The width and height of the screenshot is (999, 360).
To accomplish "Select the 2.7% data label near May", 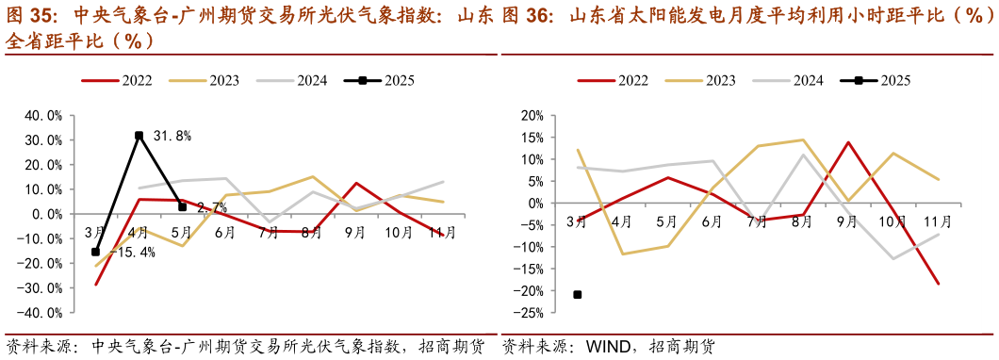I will (x=212, y=206).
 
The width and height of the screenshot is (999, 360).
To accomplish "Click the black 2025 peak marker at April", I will (x=139, y=136).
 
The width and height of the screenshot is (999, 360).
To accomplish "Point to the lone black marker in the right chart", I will (x=578, y=295).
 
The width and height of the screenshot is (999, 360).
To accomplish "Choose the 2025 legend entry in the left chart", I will (x=380, y=80).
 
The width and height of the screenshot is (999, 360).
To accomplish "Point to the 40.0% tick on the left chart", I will (x=42, y=116).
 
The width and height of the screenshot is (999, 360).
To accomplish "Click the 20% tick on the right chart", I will (x=532, y=116).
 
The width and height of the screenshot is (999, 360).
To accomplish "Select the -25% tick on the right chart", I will (x=530, y=312).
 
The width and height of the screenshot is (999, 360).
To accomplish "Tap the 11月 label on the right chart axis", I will (x=936, y=222).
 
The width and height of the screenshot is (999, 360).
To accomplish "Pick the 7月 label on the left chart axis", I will (x=269, y=232).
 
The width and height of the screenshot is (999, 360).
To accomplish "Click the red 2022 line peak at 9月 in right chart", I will (x=848, y=142).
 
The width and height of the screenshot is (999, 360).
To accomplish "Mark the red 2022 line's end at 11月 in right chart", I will (x=939, y=284).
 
